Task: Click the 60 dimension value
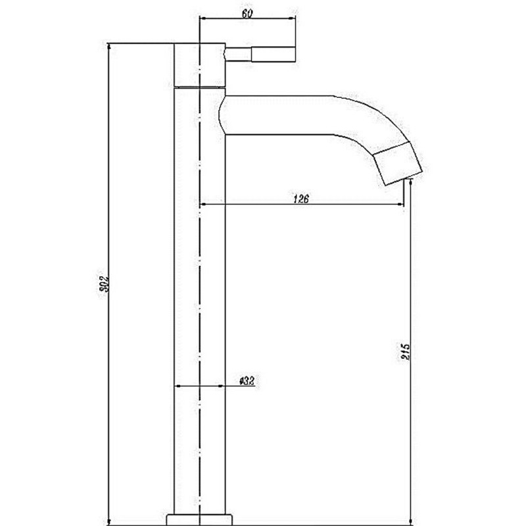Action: pos(247,13)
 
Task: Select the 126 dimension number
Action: pos(301,199)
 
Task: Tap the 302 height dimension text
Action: pos(105,284)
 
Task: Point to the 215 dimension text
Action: pos(406,351)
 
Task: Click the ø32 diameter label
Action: pos(247,381)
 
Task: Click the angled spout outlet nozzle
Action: pos(398,163)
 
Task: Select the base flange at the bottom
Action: pos(200,519)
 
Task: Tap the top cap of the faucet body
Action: pos(200,65)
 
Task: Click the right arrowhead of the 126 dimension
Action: pos(400,204)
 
